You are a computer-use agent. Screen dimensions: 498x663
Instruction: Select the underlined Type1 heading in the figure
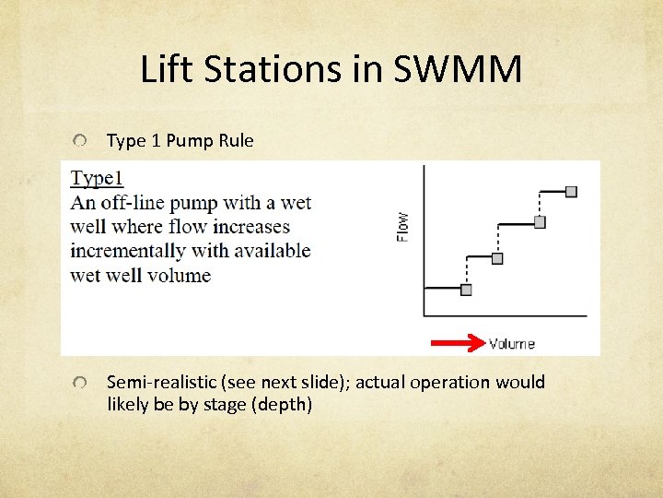coord(97,179)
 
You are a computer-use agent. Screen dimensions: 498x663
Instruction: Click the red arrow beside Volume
coord(458,344)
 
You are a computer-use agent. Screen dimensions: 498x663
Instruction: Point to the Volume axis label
coord(511,344)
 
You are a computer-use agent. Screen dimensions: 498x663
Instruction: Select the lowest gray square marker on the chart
coord(466,290)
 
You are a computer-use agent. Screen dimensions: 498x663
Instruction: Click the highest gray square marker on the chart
coord(571,191)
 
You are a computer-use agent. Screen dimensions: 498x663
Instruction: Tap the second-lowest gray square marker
coord(497,258)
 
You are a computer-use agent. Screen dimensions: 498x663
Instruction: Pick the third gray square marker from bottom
coord(540,222)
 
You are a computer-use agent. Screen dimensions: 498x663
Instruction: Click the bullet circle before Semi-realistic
coord(83,383)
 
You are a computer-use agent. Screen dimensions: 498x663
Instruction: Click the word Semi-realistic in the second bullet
coord(161,383)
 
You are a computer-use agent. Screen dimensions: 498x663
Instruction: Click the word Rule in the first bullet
coord(236,141)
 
